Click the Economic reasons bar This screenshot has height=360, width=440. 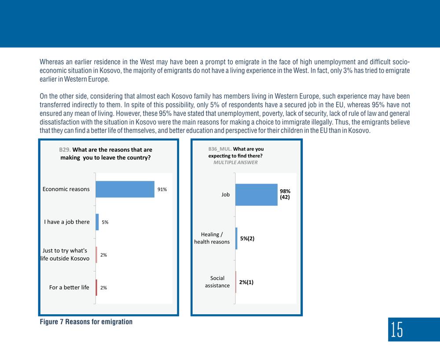click(125, 189)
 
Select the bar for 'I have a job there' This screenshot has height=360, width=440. click(97, 222)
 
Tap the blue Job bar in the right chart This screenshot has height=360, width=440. click(256, 195)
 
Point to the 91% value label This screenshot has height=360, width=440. click(162, 189)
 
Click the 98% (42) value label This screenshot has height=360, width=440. click(285, 194)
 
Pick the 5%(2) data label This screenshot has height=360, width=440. click(247, 239)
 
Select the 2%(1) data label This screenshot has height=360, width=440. click(246, 282)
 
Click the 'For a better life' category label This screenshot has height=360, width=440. click(69, 287)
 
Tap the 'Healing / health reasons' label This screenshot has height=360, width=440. click(212, 238)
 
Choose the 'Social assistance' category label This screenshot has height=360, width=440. click(217, 282)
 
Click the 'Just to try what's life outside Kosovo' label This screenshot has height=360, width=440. click(65, 254)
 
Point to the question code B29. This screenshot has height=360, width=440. click(65, 150)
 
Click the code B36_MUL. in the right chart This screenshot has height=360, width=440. click(220, 149)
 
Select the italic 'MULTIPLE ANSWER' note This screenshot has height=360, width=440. click(235, 162)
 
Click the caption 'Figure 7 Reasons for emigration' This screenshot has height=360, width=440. click(86, 322)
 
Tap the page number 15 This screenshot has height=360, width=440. click(397, 330)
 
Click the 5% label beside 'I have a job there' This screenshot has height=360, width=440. click(105, 222)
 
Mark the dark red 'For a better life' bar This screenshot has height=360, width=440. click(96, 288)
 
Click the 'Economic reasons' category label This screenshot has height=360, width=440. click(66, 189)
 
